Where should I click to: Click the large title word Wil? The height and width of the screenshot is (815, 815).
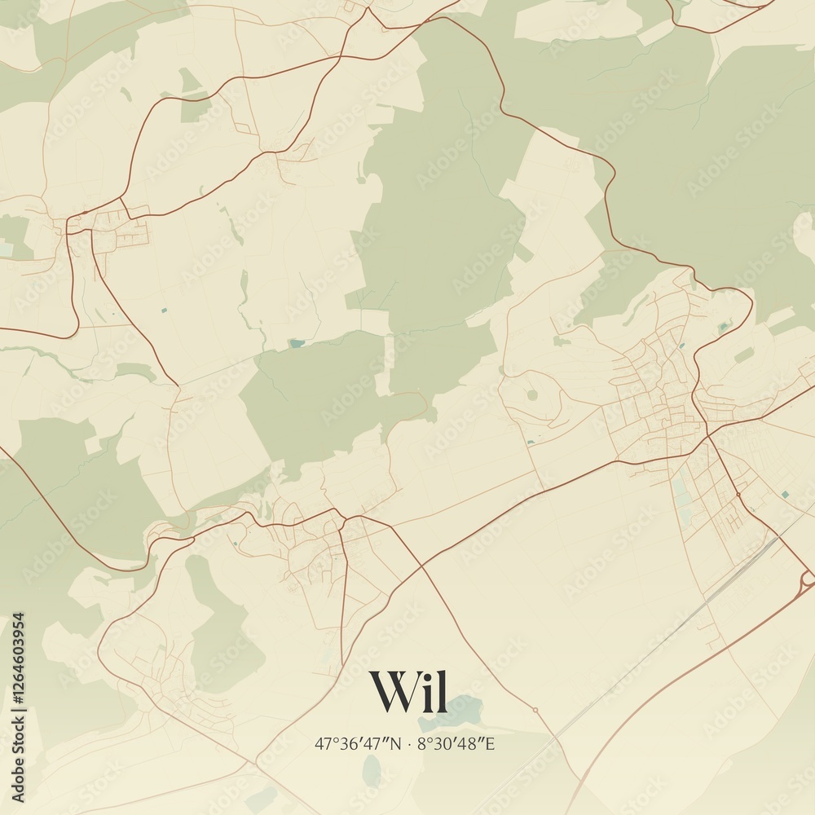pos(408,691)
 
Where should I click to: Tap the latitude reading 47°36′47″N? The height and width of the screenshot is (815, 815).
pos(358,743)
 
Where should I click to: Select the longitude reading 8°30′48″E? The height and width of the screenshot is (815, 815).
pos(456,743)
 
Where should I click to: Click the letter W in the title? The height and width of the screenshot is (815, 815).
pos(391,691)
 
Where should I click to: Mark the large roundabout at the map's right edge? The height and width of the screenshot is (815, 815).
pos(808,579)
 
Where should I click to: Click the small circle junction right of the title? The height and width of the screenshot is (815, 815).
pos(535,710)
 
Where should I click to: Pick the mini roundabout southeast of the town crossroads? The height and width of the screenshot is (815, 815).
pos(738,494)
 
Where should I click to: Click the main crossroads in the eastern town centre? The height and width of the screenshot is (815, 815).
pos(707,437)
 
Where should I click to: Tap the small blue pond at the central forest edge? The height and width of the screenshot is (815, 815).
pos(295,344)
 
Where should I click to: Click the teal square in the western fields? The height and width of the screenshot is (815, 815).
pos(164,311)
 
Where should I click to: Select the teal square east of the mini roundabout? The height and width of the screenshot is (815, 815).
pos(784,494)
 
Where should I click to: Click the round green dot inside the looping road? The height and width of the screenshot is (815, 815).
pos(532,394)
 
